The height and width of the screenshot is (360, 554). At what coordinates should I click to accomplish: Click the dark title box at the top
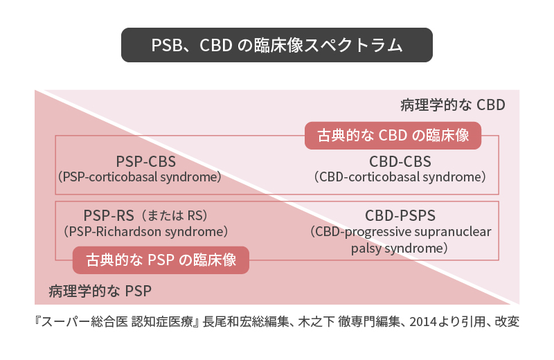(x=276, y=45)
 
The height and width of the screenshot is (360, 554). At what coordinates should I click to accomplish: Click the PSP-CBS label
(x=146, y=162)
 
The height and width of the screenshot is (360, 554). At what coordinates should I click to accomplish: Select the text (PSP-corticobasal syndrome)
(x=140, y=177)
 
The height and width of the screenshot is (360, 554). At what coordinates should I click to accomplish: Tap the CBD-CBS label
(x=400, y=162)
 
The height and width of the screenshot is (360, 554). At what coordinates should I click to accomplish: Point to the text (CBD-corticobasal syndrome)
(x=400, y=177)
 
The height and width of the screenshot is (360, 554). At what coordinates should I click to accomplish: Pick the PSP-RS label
(x=109, y=215)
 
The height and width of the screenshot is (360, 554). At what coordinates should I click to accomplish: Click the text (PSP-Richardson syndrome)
(x=146, y=232)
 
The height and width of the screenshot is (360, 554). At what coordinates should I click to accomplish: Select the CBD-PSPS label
(x=400, y=215)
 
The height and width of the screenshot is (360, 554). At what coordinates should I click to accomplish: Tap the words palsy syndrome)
(x=400, y=248)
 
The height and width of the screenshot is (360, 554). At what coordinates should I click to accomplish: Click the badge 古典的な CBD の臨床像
(x=393, y=136)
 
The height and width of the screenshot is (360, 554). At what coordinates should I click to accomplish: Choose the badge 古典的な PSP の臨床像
(x=161, y=260)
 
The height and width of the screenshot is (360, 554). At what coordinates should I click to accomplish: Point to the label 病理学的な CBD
(x=453, y=105)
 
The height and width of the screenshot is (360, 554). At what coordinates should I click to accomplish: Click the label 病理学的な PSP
(x=100, y=291)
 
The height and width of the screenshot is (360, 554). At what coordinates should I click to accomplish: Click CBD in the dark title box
(x=216, y=45)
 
